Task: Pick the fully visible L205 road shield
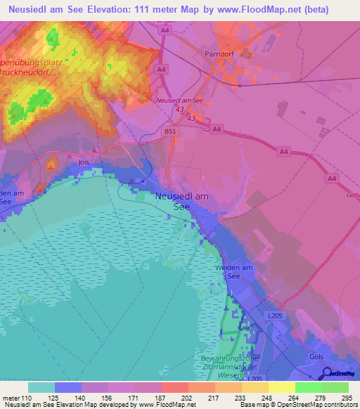point(276,317)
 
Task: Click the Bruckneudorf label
point(35,72)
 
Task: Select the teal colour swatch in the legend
point(41,387)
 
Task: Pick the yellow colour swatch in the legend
point(281,387)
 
